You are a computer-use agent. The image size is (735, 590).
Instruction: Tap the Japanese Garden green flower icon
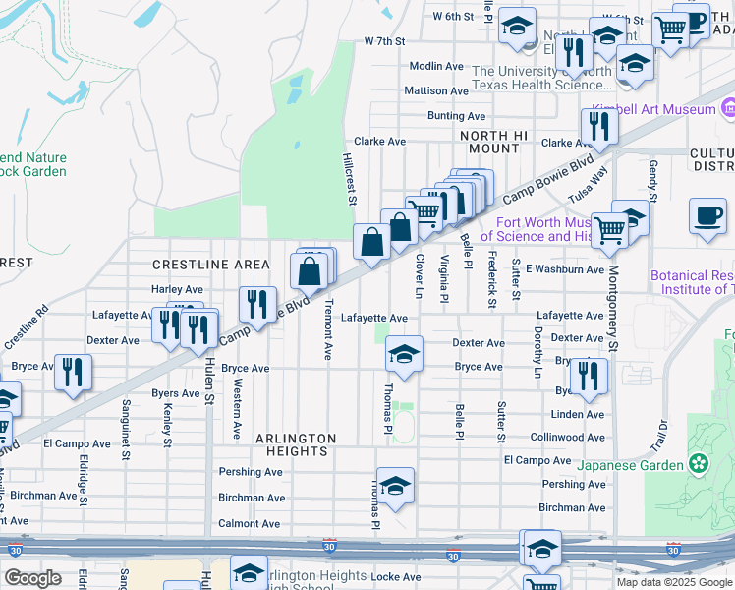699,462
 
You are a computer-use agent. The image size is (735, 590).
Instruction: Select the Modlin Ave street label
435,66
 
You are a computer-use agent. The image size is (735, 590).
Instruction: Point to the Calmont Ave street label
249,524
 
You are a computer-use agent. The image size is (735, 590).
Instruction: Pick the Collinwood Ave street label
567,438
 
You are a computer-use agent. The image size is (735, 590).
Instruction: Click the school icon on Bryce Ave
403,354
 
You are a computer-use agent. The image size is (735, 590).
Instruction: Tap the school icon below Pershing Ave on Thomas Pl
395,486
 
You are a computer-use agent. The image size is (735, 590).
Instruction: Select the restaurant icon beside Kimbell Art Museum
597,125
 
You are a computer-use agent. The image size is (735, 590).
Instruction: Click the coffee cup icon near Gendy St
707,216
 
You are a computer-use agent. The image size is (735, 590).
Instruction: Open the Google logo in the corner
33,578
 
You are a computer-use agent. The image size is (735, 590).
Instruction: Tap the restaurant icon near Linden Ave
588,376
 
